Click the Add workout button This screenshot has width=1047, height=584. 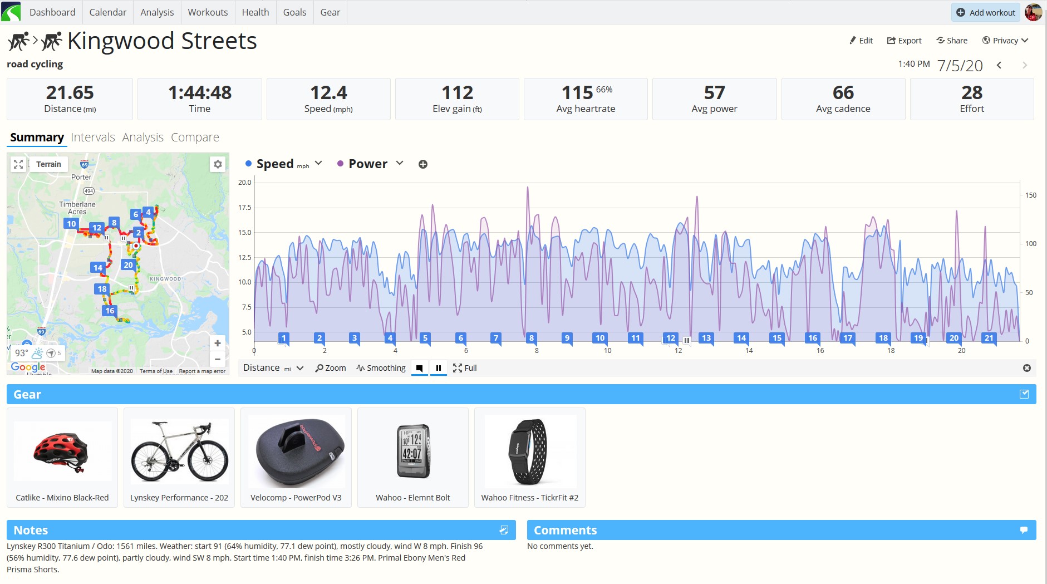click(985, 12)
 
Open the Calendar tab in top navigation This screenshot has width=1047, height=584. click(107, 12)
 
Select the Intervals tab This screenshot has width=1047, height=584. click(93, 137)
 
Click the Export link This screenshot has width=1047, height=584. click(904, 40)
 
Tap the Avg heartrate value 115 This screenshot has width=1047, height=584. click(577, 92)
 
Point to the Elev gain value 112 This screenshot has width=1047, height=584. click(457, 92)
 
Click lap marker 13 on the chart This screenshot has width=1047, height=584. click(706, 338)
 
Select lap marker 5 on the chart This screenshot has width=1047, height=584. click(425, 338)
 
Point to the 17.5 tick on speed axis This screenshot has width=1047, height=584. click(245, 207)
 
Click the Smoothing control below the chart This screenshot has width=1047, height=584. click(381, 368)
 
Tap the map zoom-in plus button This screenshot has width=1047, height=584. click(218, 343)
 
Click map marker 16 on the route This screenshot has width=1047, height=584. click(110, 311)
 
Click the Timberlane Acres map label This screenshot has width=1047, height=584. click(77, 208)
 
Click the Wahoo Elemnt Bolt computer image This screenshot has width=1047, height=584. click(413, 451)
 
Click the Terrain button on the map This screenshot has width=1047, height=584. click(48, 164)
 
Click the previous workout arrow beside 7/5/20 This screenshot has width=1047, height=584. click(999, 66)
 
